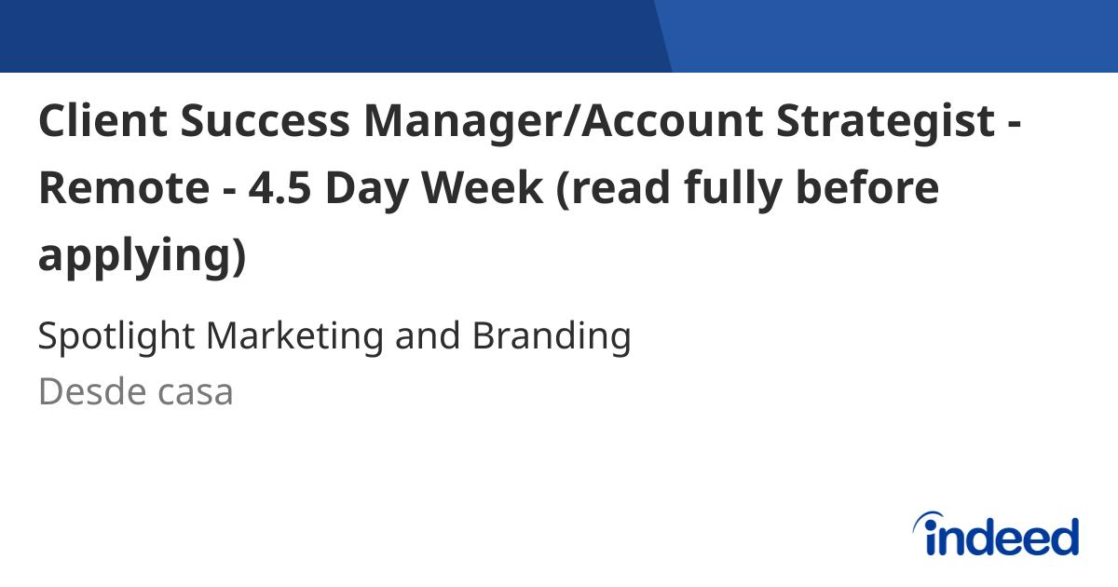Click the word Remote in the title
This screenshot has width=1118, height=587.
(x=124, y=189)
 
